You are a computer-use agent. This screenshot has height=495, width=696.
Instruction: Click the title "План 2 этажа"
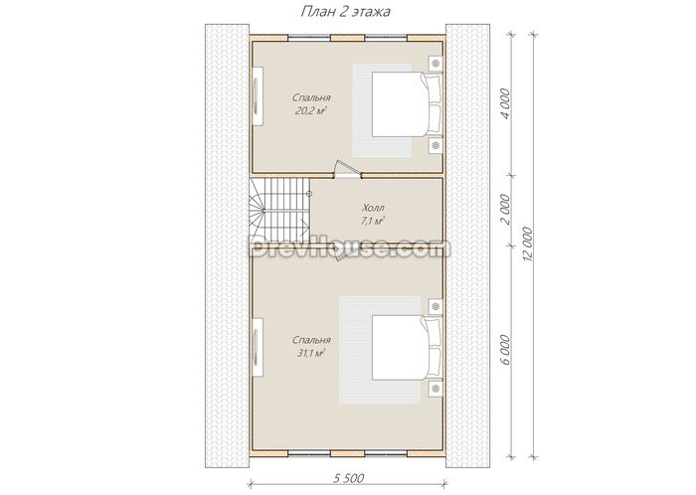(x=345, y=12)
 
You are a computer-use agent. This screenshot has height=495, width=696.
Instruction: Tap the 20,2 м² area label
(x=310, y=111)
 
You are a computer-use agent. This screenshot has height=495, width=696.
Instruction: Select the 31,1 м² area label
(x=310, y=353)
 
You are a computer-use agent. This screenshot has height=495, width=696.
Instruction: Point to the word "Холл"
(x=373, y=208)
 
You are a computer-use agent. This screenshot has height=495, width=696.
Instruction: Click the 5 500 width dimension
(x=348, y=478)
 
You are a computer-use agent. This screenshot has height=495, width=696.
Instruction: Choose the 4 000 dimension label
(x=505, y=102)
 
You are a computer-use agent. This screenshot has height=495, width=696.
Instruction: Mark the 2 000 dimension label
(x=505, y=209)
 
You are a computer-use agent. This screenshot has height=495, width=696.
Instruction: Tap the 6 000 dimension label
(x=505, y=350)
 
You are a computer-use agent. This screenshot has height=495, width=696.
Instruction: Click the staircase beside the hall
(x=279, y=211)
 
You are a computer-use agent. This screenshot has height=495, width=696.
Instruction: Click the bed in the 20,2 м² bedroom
(x=407, y=104)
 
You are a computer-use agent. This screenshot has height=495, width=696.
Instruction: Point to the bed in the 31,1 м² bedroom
(x=407, y=348)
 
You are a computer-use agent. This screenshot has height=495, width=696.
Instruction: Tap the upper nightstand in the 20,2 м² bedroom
(x=435, y=64)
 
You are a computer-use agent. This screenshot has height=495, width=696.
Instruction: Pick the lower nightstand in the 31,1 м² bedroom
(x=435, y=389)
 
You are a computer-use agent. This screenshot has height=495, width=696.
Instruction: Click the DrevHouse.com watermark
(x=348, y=248)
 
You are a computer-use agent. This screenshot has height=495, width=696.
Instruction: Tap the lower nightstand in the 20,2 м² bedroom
(x=435, y=145)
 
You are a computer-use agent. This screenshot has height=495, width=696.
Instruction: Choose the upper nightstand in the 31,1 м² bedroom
(x=435, y=306)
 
